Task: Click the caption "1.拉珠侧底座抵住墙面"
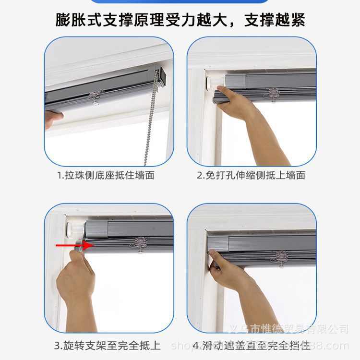[x=106, y=175]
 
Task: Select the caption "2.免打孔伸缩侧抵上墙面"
[x=251, y=175]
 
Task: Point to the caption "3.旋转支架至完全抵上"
[x=107, y=345]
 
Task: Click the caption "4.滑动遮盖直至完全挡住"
[x=251, y=345]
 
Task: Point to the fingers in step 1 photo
[x=53, y=118]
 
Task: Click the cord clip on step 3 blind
[x=140, y=243]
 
